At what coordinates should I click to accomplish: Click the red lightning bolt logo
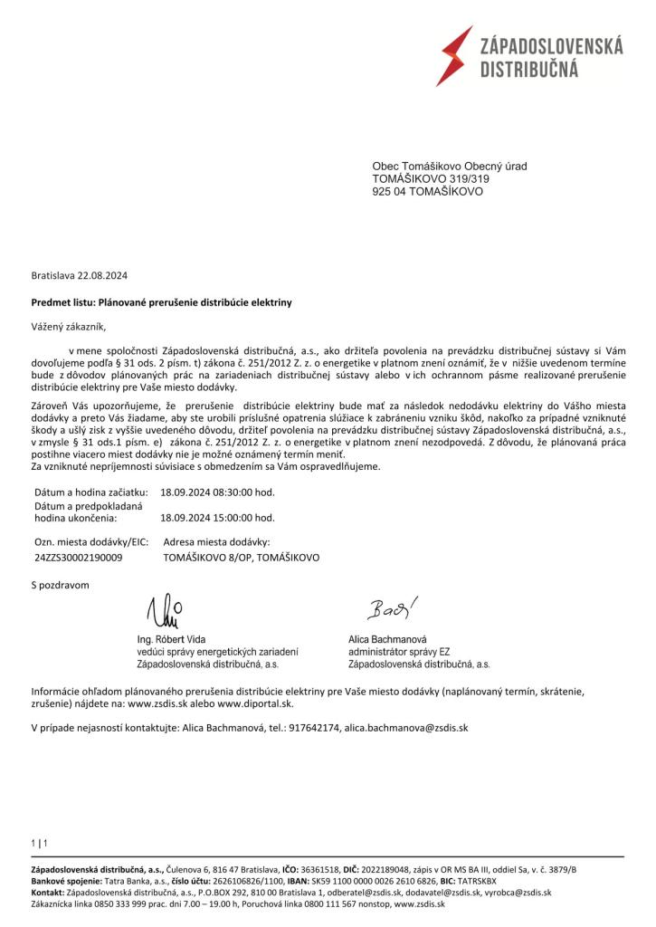point(454,55)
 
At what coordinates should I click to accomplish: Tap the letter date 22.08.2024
point(108,274)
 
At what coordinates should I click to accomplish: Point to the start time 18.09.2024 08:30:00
point(217,492)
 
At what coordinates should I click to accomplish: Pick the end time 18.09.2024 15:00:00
point(217,519)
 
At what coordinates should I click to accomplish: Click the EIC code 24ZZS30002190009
point(77,559)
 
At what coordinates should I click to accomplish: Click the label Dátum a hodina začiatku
point(90,492)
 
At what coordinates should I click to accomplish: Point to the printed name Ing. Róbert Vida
point(171,639)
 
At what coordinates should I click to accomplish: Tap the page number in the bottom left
point(39,844)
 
